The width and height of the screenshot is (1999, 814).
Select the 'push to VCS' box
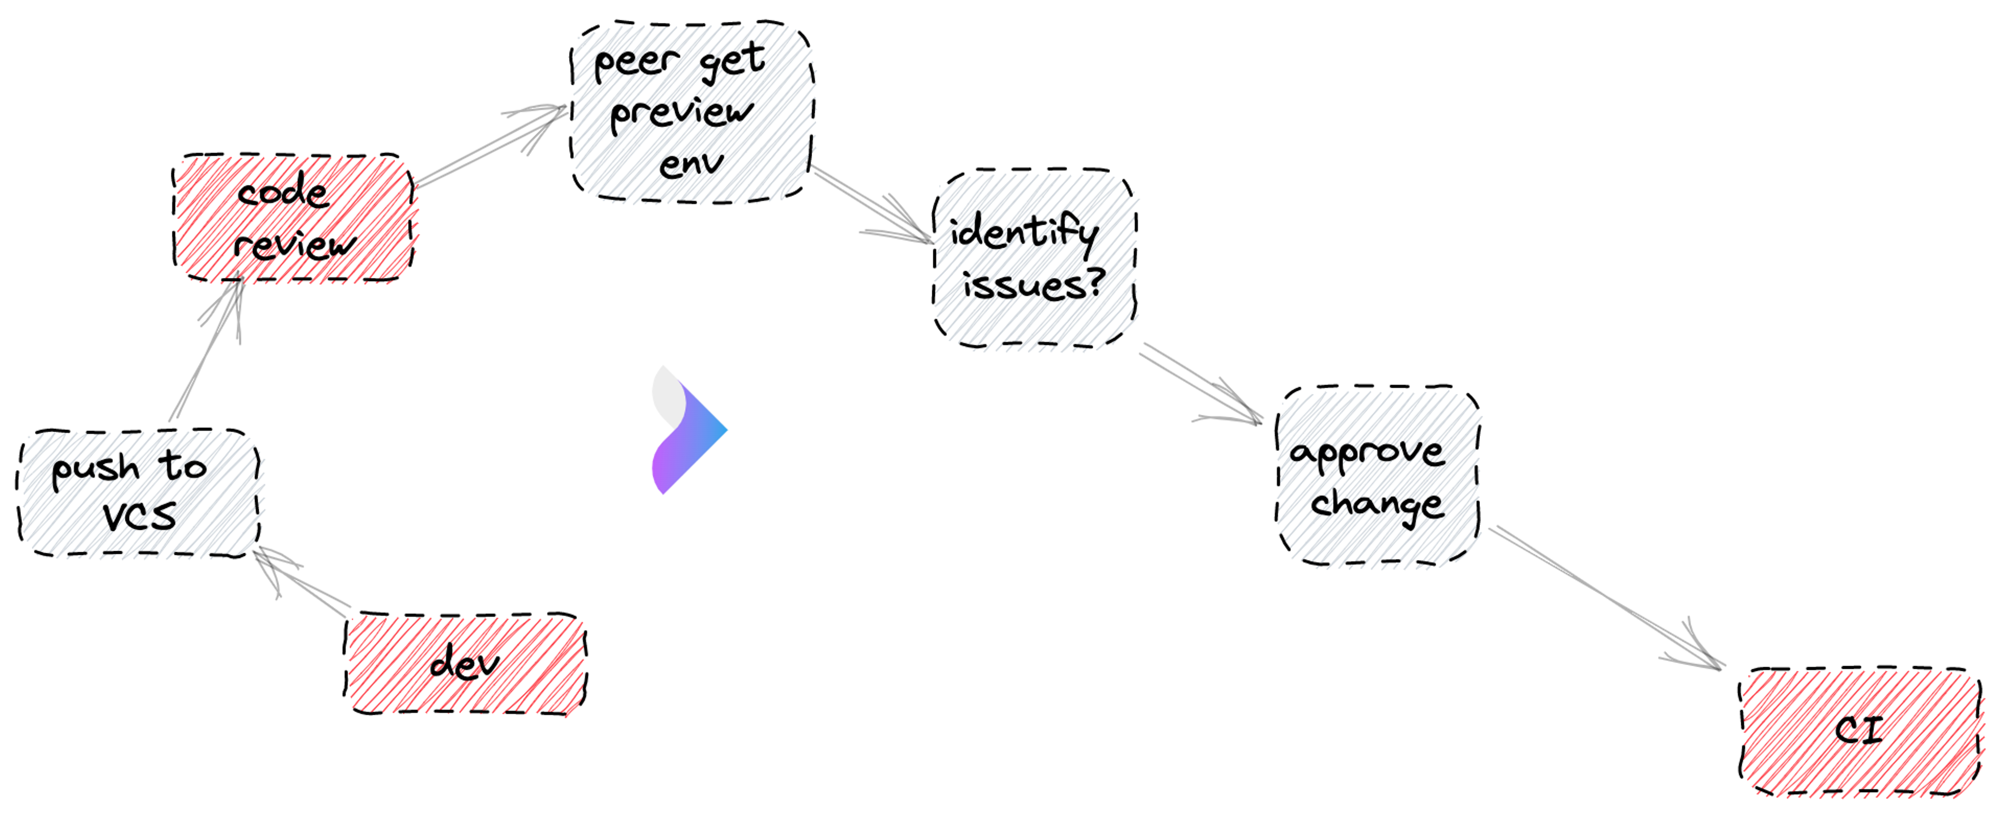tap(138, 493)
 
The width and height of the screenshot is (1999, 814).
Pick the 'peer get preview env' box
tap(691, 112)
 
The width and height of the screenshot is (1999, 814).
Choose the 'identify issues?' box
tap(1034, 258)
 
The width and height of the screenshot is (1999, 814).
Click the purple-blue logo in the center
tap(687, 430)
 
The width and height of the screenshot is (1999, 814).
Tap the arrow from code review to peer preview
tap(489, 147)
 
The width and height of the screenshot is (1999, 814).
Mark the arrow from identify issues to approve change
tap(1199, 384)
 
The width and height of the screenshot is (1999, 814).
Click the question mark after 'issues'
tap(1095, 283)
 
